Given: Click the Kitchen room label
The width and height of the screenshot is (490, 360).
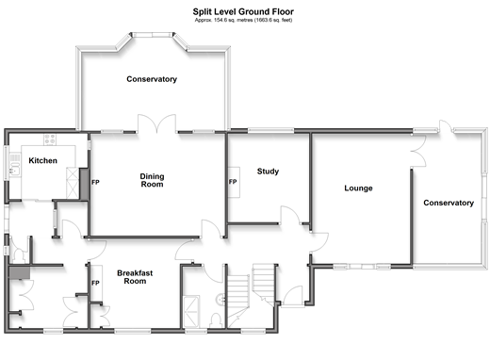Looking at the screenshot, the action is pyautogui.click(x=43, y=160).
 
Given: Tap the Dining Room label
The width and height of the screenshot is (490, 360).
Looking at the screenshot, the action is pyautogui.click(x=152, y=180).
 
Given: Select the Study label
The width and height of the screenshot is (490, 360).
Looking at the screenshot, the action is pyautogui.click(x=268, y=172).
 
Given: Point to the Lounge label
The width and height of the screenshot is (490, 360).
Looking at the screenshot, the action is pyautogui.click(x=358, y=188).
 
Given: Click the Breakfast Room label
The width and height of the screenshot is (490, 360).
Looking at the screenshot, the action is pyautogui.click(x=135, y=277).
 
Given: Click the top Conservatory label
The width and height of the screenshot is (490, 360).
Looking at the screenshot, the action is pyautogui.click(x=152, y=79).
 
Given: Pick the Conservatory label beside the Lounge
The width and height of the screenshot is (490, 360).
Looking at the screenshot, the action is pyautogui.click(x=449, y=203).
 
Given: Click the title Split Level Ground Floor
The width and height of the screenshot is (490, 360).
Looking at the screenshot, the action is pyautogui.click(x=243, y=11).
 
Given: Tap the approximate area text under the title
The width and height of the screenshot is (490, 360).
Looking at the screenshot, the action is pyautogui.click(x=243, y=20).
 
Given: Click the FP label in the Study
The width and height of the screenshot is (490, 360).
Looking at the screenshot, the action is pyautogui.click(x=233, y=182).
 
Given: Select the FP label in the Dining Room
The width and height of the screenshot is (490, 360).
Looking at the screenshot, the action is pyautogui.click(x=95, y=182).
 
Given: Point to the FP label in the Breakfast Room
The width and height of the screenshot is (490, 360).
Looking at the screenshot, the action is pyautogui.click(x=95, y=283).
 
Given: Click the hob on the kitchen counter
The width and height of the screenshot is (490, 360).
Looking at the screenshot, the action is pyautogui.click(x=50, y=139).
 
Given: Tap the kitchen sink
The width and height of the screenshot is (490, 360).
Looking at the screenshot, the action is pyautogui.click(x=14, y=171).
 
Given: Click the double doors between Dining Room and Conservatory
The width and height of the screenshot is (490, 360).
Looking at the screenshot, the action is pyautogui.click(x=156, y=123).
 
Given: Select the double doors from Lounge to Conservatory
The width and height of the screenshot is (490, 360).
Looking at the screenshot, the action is pyautogui.click(x=418, y=151).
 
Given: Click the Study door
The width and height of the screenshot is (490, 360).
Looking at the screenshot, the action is pyautogui.click(x=290, y=215).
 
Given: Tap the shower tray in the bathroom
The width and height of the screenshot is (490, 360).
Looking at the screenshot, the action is pyautogui.click(x=191, y=311).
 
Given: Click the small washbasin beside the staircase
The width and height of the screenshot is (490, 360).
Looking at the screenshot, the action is pyautogui.click(x=220, y=300).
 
